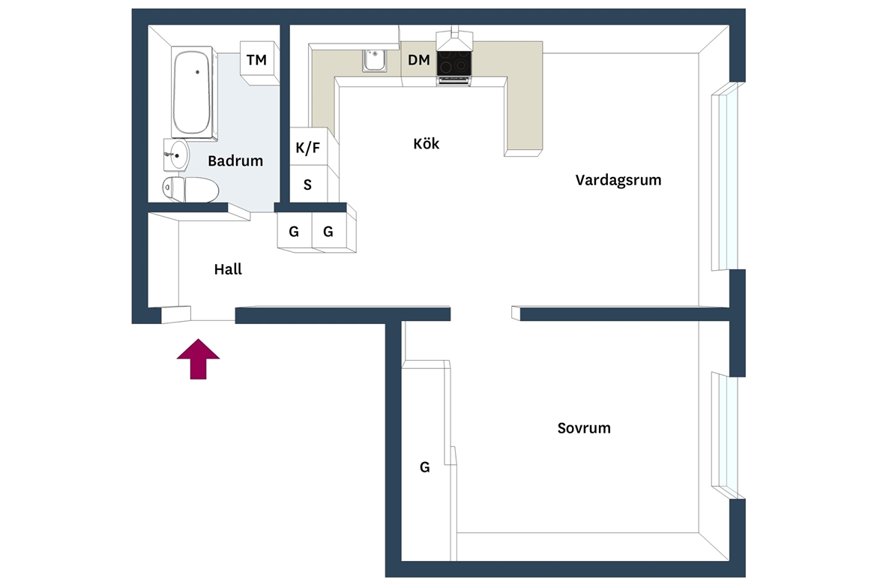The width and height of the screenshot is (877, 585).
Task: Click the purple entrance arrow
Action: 198,359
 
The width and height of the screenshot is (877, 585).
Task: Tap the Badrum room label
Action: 235,161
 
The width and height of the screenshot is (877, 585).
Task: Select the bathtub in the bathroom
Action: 193,92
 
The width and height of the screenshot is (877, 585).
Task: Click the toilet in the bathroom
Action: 190,189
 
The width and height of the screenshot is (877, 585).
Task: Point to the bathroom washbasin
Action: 177,155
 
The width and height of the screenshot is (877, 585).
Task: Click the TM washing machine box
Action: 259,62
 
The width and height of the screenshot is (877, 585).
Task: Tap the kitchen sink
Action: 374,61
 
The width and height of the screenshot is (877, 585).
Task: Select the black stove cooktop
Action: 453,63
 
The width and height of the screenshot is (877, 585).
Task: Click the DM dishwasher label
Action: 419,60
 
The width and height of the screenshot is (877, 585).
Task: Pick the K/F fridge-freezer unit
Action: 309,147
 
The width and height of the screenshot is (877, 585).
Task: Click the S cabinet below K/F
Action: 309,184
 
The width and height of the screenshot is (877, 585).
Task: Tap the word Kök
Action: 427,144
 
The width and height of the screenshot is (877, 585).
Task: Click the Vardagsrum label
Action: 618,180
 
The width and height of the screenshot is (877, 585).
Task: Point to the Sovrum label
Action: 584,428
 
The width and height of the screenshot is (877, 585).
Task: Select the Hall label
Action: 228,269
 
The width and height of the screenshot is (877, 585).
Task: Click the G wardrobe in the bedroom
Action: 427,460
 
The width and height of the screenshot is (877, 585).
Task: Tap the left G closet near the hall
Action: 295,231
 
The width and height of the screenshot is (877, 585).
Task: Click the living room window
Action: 726,176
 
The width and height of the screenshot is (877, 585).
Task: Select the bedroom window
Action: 726,435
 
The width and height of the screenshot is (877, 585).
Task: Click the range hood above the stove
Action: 454,39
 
